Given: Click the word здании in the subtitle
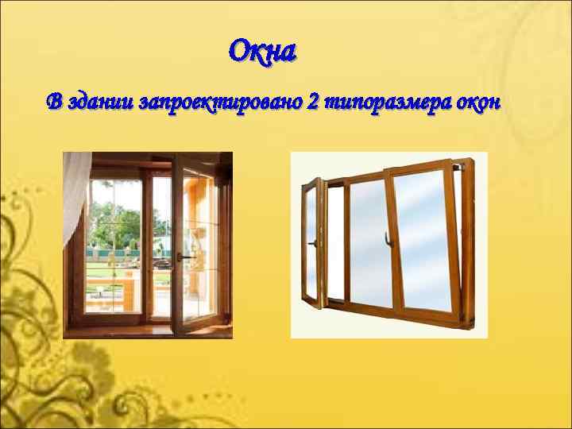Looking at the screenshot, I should coord(97,102).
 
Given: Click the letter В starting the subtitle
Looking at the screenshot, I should coord(53,102).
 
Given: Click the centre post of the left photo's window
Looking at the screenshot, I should coord(145,238).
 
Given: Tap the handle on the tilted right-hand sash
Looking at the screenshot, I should coord(387,237).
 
